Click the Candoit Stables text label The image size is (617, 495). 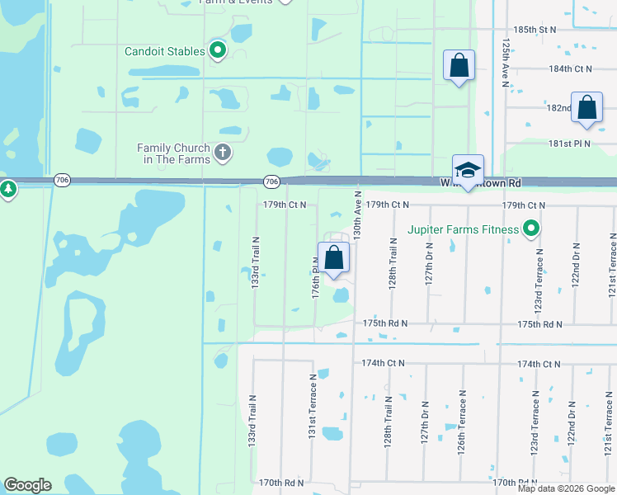(x=165, y=51)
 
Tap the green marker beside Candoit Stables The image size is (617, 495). (x=219, y=51)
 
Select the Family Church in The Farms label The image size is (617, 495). (x=173, y=153)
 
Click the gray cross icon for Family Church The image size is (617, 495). (x=222, y=153)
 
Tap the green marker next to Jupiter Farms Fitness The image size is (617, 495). (x=532, y=229)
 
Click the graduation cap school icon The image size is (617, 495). (x=468, y=170)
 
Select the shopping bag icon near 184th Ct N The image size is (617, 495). (x=459, y=65)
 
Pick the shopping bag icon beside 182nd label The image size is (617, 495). (x=586, y=108)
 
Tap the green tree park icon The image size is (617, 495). (x=8, y=190)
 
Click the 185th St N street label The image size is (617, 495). (x=535, y=29)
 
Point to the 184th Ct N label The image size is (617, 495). (x=571, y=69)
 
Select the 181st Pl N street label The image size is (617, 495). (x=571, y=144)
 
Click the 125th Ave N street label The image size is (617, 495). (x=504, y=61)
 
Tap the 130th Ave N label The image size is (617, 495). (x=358, y=218)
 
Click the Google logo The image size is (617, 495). (x=27, y=485)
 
